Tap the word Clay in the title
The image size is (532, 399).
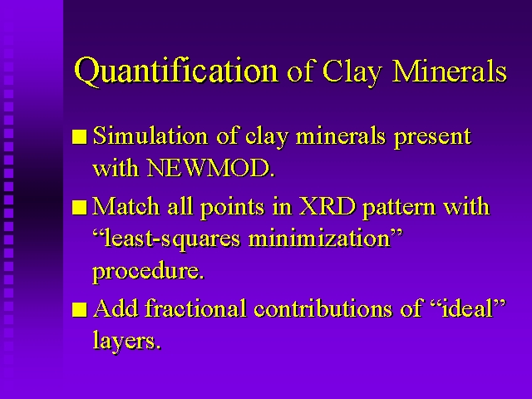coord(352,72)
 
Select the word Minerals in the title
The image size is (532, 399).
coord(449,71)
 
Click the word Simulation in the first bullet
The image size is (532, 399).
coord(150,135)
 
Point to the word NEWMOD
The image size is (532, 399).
coord(210,167)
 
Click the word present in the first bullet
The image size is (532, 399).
coord(432,137)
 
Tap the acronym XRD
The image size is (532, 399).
coord(328,206)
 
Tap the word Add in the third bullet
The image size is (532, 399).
coord(116,308)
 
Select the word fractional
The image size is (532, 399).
coord(195,308)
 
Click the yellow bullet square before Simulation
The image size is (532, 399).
coord(80,136)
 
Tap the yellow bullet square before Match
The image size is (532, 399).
coord(80,207)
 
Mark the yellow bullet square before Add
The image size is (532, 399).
coord(80,308)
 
